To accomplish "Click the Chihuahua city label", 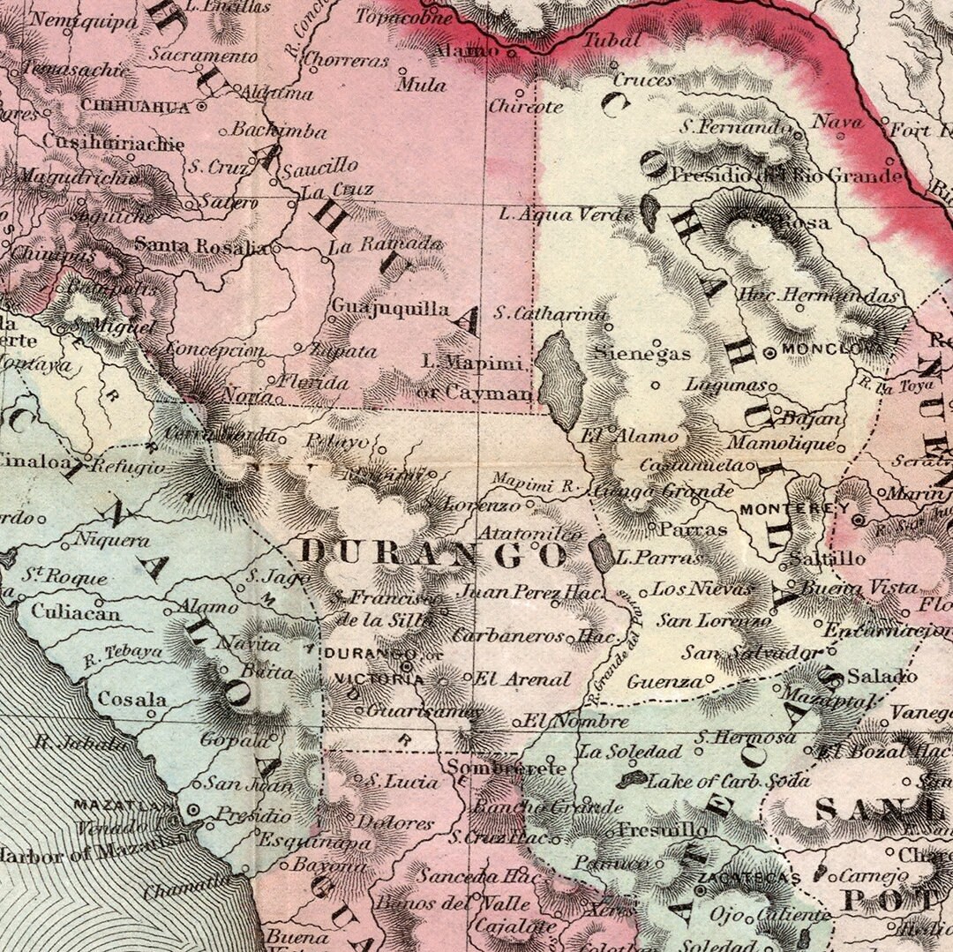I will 135,106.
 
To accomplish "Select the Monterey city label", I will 794,509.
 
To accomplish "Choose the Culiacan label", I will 76,611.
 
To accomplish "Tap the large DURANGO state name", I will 431,554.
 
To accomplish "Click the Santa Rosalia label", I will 201,245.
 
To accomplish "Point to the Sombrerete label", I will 506,768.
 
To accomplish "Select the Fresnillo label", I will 662,829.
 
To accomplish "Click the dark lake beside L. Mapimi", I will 561,379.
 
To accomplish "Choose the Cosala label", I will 132,699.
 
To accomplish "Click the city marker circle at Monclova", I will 769,352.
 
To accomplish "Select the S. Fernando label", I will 735,127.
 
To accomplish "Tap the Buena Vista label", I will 859,588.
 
